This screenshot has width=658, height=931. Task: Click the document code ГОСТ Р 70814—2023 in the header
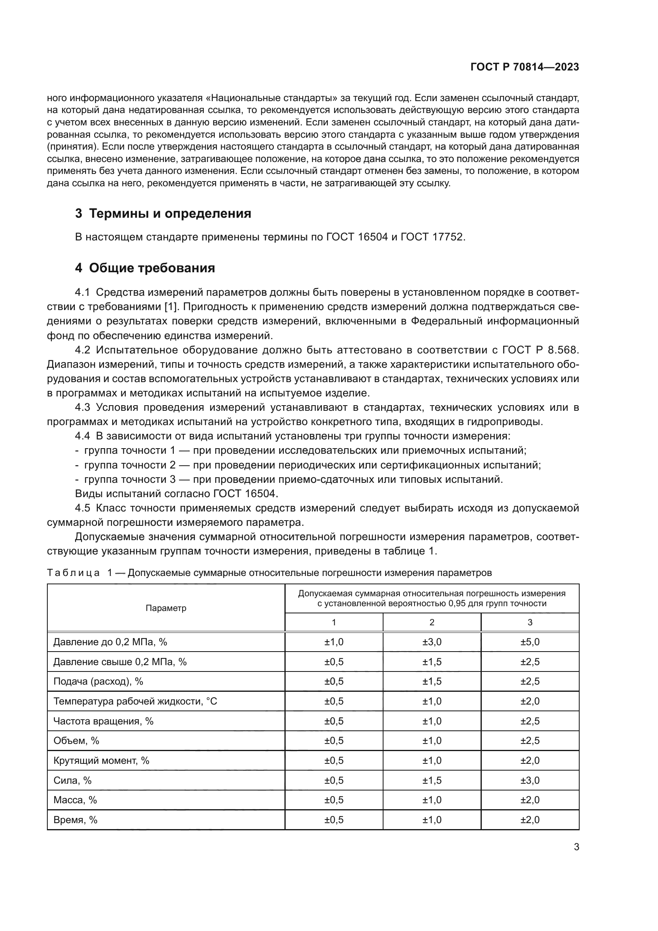coord(524,67)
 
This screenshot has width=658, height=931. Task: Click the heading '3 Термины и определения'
coord(163,213)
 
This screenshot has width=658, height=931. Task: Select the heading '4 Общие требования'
coord(145,268)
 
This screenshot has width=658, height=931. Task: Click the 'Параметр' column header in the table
coord(166,608)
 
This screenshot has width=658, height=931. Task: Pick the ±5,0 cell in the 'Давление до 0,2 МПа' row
coord(530,642)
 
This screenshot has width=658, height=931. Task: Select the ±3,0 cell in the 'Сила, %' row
coord(530,780)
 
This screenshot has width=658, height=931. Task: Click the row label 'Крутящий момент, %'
coord(101,760)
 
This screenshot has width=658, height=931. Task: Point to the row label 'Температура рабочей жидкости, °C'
coord(135,701)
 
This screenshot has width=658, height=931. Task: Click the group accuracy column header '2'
coord(432,623)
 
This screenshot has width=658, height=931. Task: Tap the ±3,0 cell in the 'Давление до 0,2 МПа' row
coord(432,642)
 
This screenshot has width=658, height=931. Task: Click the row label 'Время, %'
coord(75,820)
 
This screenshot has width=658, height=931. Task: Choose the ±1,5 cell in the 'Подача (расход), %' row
coord(432,681)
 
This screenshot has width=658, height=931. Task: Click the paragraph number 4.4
coord(82,436)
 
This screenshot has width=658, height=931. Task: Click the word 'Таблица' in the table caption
coord(73,573)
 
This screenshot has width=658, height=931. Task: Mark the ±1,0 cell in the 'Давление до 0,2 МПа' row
coord(333,642)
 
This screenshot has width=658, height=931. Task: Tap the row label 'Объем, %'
coord(76,740)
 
